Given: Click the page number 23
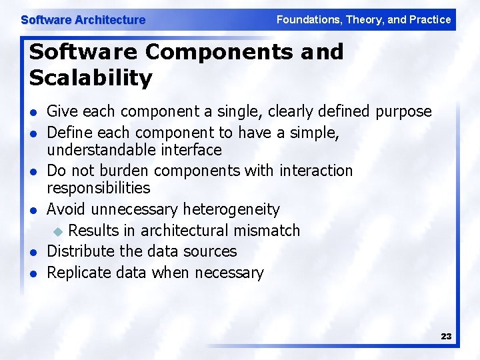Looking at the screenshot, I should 446,337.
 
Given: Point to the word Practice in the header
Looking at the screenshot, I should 429,20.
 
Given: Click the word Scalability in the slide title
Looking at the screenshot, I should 91,78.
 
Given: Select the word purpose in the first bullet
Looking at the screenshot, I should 403,111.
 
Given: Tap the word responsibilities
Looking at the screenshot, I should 99,189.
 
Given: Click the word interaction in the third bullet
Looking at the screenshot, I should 316,171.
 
